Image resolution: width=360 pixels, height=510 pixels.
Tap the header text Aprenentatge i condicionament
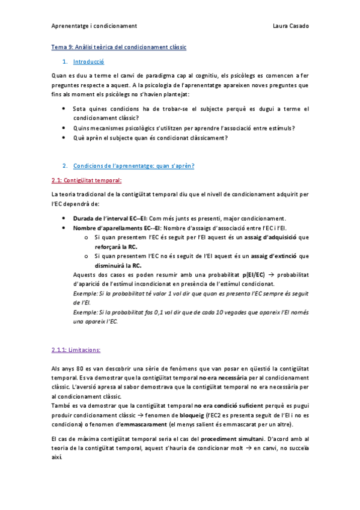[x=94, y=26]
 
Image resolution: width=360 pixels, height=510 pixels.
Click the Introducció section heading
[x=88, y=62]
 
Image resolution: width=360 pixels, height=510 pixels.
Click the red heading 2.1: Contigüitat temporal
[x=87, y=180]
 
